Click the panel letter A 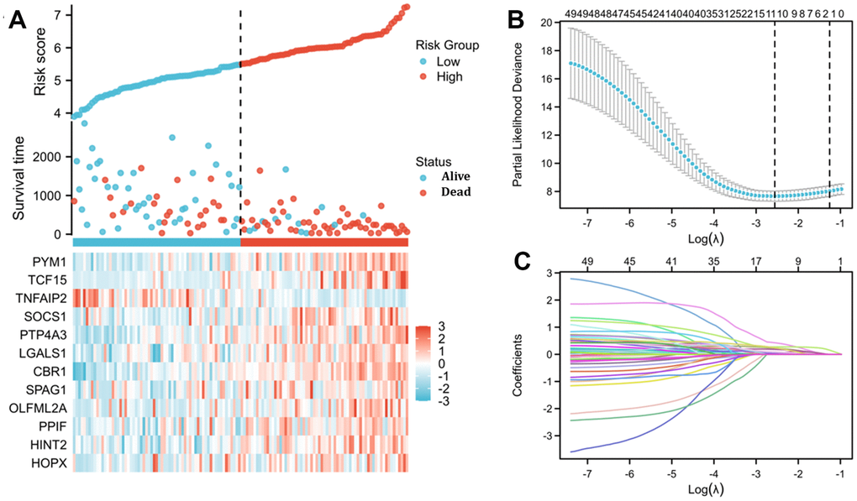point(17,20)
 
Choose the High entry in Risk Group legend point(448,76)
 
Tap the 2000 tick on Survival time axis point(49,157)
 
